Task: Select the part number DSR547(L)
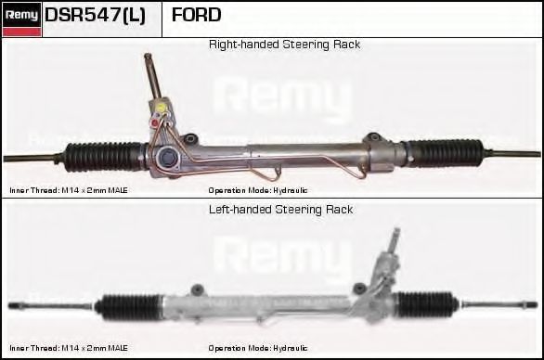[x=95, y=15]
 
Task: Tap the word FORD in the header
[x=197, y=15]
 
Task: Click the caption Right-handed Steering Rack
[x=284, y=45]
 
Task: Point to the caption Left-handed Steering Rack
[x=280, y=210]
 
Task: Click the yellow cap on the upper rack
[x=162, y=108]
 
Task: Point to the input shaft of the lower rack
[x=393, y=243]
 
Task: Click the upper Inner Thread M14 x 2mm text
[x=69, y=190]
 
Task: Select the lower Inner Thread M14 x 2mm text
[x=69, y=348]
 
